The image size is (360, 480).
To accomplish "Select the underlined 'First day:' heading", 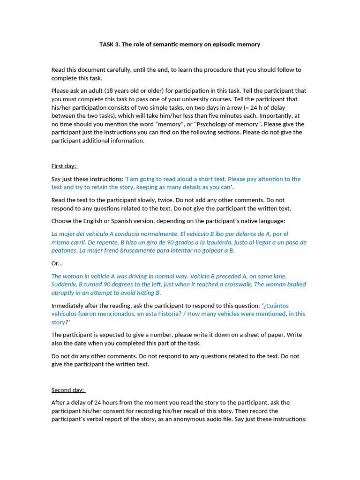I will [x=64, y=166].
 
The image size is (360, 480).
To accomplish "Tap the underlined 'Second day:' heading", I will [x=68, y=390].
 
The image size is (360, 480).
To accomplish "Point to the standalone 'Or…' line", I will [x=57, y=263].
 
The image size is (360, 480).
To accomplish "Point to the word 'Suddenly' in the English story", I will [x=64, y=285].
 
